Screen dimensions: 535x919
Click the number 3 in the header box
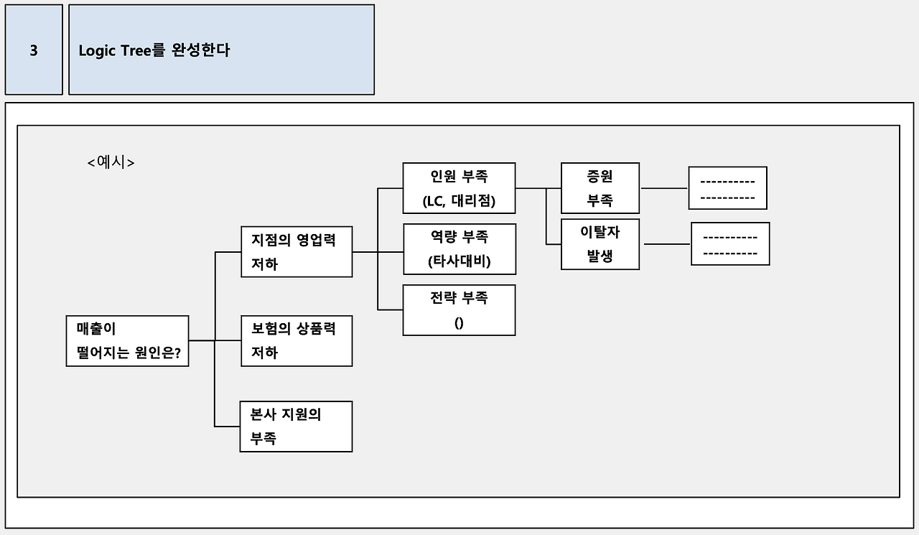(34, 51)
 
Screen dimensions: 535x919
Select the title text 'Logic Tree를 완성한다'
(154, 51)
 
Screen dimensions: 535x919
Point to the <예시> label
(111, 162)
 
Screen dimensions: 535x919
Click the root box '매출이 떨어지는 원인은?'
(127, 341)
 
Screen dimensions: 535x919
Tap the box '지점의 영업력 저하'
(297, 251)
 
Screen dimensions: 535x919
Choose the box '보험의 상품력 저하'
(297, 340)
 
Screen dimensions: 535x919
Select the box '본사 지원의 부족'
(297, 427)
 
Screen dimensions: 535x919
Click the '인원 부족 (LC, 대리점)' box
(459, 188)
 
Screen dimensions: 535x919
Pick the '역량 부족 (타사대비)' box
(459, 248)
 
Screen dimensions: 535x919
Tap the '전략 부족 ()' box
(459, 310)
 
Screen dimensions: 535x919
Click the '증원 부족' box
(600, 188)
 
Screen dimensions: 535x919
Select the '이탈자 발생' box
(600, 244)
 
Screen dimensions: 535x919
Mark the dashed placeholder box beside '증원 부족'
(727, 188)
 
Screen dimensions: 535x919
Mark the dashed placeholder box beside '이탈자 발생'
(730, 244)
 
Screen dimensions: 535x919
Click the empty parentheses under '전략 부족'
(459, 323)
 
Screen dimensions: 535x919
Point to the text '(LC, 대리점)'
(459, 201)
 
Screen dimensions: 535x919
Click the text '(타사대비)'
(459, 261)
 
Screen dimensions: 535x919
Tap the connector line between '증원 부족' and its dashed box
(663, 188)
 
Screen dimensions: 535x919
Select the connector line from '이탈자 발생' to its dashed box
(667, 244)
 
